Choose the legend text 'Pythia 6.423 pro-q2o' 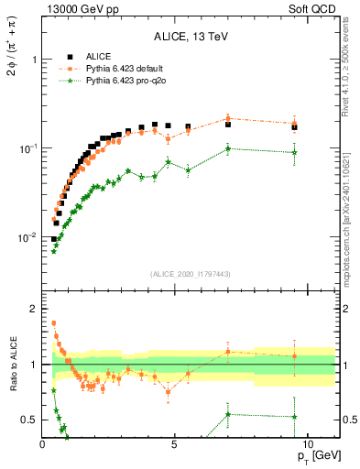click(x=126, y=82)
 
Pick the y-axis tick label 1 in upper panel click(x=34, y=60)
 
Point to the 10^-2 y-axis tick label click(x=28, y=237)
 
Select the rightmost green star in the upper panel click(x=294, y=152)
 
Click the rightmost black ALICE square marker click(x=294, y=127)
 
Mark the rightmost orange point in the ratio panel click(x=294, y=356)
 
